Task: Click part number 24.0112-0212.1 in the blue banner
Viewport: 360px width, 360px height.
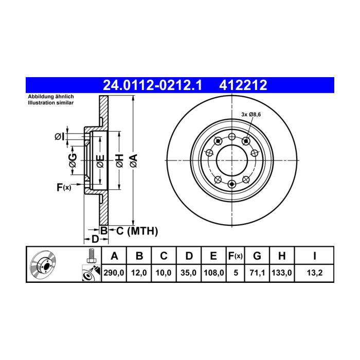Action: click(152, 85)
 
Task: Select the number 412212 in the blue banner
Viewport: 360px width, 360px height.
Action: click(243, 85)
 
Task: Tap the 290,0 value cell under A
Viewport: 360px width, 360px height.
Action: click(114, 273)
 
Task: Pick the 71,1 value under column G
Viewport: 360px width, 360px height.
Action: click(257, 273)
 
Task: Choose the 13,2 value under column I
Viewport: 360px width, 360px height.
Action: click(315, 273)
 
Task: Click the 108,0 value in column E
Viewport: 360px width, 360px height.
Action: click(214, 273)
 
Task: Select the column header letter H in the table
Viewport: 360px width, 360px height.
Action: click(282, 256)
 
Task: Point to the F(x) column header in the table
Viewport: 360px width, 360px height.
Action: click(236, 256)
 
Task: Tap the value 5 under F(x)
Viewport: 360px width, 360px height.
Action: click(236, 273)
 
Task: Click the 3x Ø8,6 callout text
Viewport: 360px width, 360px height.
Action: click(251, 114)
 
